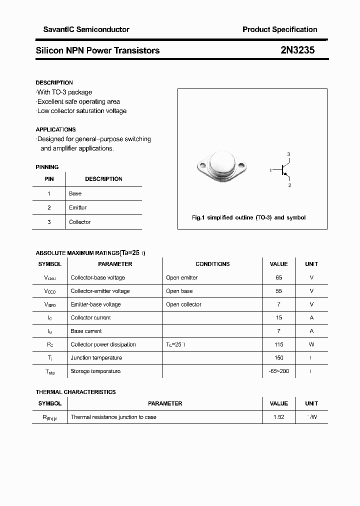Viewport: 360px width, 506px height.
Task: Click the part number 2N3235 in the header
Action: tap(297, 50)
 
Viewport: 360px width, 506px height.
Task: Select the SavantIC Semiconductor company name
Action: tap(82, 29)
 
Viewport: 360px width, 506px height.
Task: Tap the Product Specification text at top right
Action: tap(279, 29)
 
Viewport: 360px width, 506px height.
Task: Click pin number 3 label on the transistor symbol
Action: tap(288, 154)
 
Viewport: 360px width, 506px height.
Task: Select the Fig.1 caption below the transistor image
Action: tap(248, 217)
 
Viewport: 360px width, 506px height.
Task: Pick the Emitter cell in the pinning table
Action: tap(78, 207)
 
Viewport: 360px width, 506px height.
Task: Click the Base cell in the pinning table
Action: tap(75, 193)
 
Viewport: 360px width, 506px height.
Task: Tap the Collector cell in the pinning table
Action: tap(80, 222)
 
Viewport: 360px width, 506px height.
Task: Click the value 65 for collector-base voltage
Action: tap(278, 277)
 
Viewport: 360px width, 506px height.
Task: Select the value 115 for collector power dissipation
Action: tap(278, 344)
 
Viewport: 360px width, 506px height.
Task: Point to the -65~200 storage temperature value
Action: tap(278, 371)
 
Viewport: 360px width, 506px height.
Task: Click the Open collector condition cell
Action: tap(183, 304)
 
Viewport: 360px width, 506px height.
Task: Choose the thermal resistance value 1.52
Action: tap(278, 417)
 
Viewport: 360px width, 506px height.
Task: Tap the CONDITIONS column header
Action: tap(212, 264)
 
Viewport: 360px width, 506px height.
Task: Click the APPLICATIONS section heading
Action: tap(55, 129)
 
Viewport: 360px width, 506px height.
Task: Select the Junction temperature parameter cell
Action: tap(96, 358)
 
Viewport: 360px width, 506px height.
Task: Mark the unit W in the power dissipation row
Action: tap(311, 344)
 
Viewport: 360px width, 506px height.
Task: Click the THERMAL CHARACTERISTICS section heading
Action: tap(75, 392)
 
